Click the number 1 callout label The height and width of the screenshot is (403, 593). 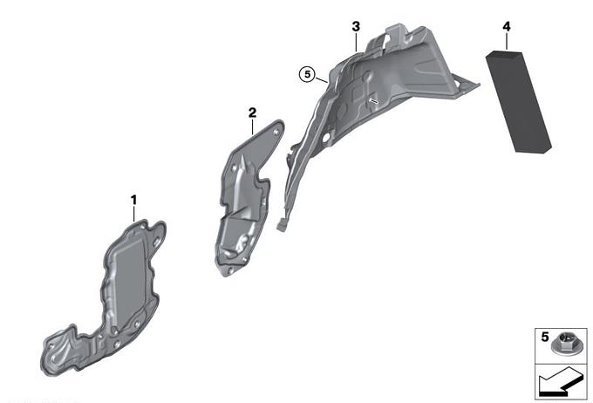click(133, 200)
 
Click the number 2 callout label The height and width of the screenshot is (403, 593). click(252, 113)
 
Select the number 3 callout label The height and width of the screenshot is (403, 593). click(356, 27)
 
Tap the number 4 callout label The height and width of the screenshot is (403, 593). click(507, 26)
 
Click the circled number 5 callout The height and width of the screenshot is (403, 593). click(307, 74)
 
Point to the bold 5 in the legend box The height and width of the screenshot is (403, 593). click(544, 337)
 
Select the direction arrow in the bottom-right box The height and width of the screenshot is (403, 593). click(561, 381)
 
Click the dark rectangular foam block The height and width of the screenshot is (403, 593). click(519, 101)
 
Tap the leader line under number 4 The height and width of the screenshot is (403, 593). click(507, 42)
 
